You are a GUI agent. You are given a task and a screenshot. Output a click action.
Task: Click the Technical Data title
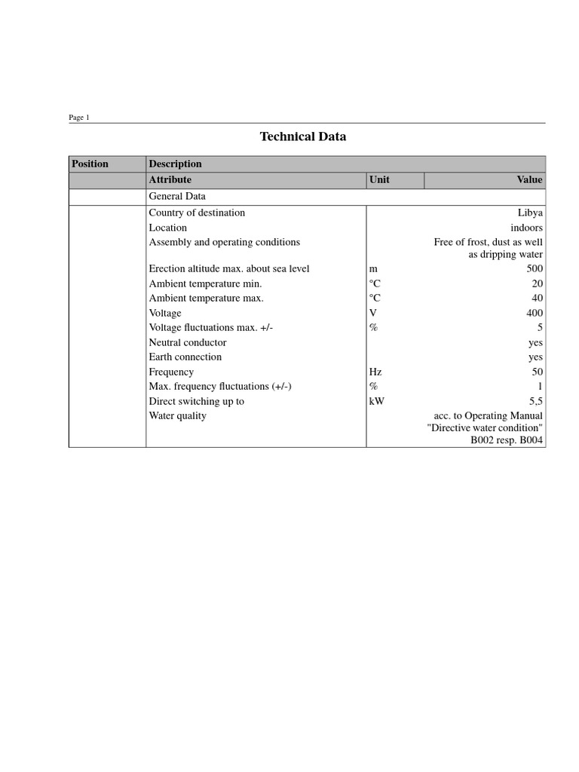click(303, 136)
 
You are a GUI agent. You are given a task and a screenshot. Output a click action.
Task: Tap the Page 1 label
click(79, 118)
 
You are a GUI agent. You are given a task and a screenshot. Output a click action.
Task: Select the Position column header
click(90, 164)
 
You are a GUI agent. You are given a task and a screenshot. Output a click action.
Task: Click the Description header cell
click(176, 164)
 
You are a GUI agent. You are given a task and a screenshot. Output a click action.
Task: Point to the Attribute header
click(170, 179)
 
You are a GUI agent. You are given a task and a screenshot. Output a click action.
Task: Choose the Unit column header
click(379, 179)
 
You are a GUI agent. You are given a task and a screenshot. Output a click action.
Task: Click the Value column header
click(529, 179)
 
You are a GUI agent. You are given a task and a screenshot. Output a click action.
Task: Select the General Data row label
click(177, 196)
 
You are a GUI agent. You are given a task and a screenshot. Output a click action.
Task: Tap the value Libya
click(530, 213)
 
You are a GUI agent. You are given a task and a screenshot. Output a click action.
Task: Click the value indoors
click(526, 228)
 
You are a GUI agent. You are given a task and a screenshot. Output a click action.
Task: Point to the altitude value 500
click(535, 268)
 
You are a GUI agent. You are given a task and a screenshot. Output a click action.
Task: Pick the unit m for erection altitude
click(373, 268)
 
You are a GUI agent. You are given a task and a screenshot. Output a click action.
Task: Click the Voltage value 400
click(535, 313)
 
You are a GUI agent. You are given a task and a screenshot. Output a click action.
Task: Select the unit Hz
click(375, 372)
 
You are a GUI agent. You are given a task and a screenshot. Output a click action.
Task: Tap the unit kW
click(376, 401)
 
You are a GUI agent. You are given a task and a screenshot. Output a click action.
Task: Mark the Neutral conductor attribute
click(188, 342)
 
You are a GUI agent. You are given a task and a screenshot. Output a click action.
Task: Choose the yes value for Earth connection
click(535, 357)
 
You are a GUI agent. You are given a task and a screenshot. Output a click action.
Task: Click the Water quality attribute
click(177, 415)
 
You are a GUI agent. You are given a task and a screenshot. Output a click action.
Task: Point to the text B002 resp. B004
click(507, 440)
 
